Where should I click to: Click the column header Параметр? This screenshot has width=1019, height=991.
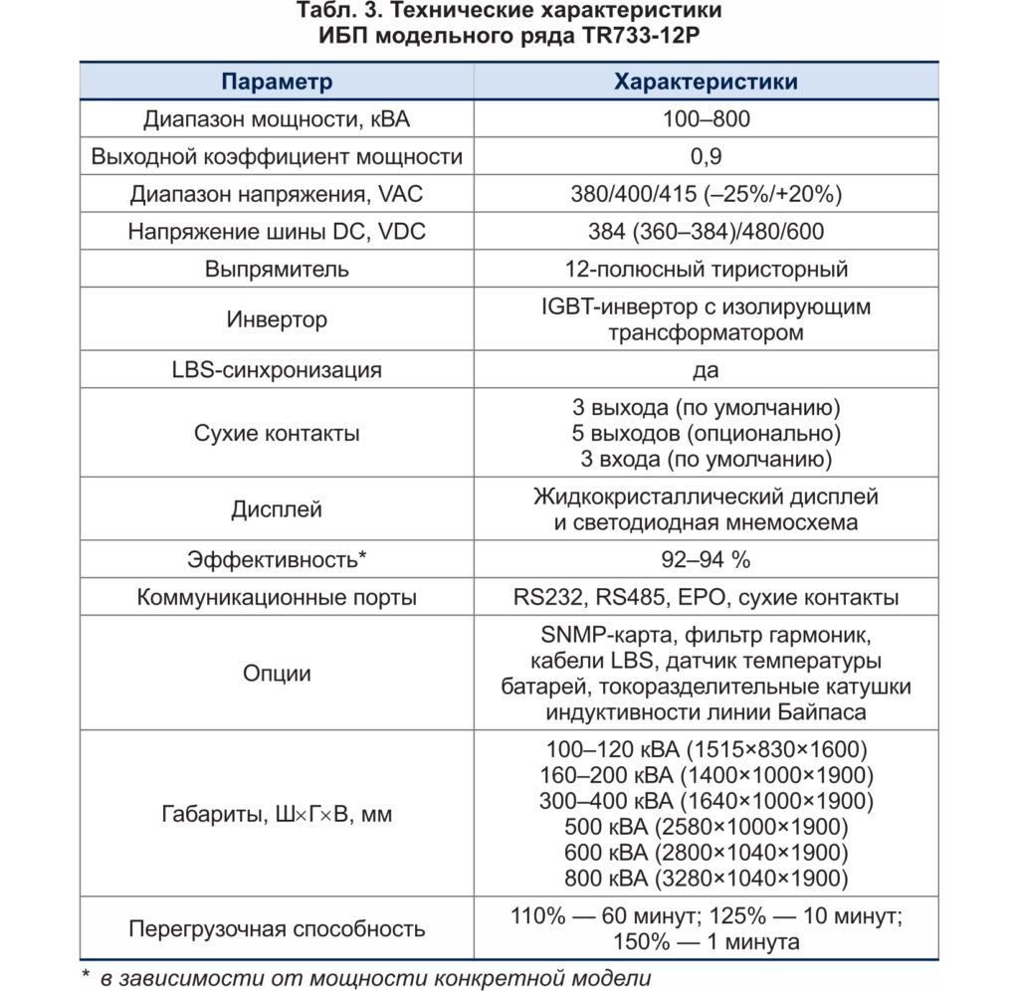point(277,82)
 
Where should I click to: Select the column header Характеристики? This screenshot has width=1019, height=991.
point(706,82)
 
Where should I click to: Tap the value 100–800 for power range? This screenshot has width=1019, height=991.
point(706,119)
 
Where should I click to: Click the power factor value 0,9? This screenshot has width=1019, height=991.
point(706,156)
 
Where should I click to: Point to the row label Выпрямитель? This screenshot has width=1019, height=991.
point(277,269)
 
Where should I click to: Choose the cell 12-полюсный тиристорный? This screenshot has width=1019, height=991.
point(706,269)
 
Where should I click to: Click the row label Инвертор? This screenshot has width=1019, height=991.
point(277,319)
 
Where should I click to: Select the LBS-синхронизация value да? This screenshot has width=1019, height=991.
point(706,370)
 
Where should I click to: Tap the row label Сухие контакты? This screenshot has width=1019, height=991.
point(277,434)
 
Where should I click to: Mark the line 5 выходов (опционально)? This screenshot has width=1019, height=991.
point(706,435)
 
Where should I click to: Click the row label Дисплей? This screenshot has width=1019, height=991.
point(277,509)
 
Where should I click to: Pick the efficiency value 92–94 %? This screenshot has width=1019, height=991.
point(706,560)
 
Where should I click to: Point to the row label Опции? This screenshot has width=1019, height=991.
point(277,674)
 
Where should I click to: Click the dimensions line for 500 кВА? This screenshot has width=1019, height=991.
point(706,827)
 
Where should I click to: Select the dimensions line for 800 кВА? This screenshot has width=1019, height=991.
point(706,879)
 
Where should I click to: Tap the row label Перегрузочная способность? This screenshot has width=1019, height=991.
point(277,929)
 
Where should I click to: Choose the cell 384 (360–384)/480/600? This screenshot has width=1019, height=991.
point(706,231)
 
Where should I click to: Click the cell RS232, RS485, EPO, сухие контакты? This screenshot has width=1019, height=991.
point(706,598)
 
